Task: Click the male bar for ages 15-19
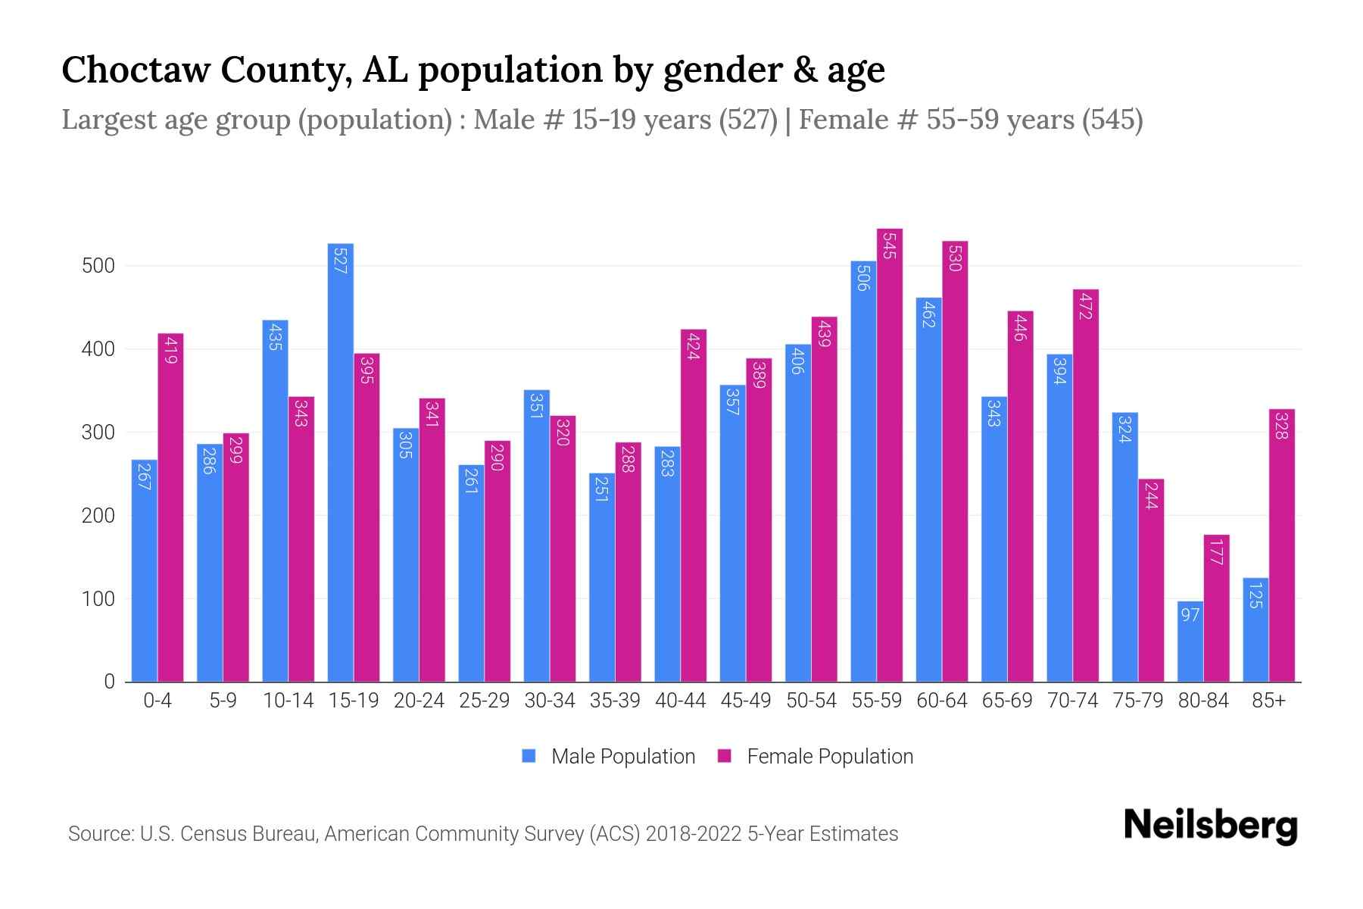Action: pyautogui.click(x=340, y=462)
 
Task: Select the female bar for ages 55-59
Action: pyautogui.click(x=890, y=454)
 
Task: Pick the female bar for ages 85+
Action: pyautogui.click(x=1282, y=545)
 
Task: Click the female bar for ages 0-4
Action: pyautogui.click(x=170, y=508)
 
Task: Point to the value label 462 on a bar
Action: pyautogui.click(x=929, y=314)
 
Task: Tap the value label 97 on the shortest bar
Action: pyautogui.click(x=1190, y=614)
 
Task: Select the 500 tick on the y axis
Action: pyautogui.click(x=98, y=266)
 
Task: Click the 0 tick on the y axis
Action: pyautogui.click(x=110, y=682)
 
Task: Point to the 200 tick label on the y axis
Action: pyautogui.click(x=98, y=516)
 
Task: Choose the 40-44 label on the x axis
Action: pyautogui.click(x=680, y=701)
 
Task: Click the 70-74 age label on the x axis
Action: pyautogui.click(x=1072, y=701)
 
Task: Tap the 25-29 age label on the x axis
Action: pyautogui.click(x=484, y=701)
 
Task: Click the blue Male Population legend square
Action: pyautogui.click(x=529, y=756)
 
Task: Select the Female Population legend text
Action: pyautogui.click(x=830, y=757)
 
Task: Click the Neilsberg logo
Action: pyautogui.click(x=1210, y=825)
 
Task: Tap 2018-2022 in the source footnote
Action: pyautogui.click(x=694, y=834)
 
